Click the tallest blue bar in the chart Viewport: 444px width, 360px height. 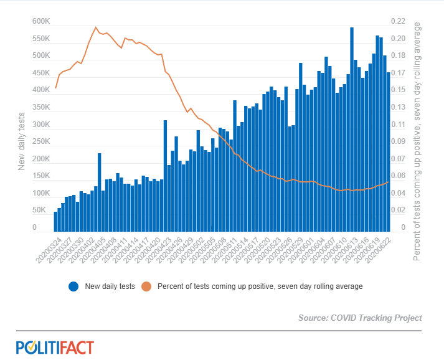(x=352, y=130)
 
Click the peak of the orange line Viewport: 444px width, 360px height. (x=96, y=27)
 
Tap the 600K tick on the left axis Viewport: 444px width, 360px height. (x=41, y=21)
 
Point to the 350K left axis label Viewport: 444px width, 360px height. (x=41, y=107)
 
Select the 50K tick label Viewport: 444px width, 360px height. (x=39, y=210)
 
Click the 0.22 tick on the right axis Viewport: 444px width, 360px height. (x=398, y=21)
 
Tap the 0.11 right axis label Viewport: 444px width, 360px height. (x=398, y=125)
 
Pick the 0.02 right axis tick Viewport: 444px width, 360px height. (x=398, y=210)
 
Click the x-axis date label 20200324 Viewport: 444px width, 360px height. (x=49, y=250)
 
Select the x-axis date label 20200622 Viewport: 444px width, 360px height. (x=379, y=250)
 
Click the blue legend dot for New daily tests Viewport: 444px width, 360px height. (x=73, y=287)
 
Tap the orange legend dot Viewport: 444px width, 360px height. (x=146, y=287)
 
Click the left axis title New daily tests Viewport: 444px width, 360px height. (x=21, y=141)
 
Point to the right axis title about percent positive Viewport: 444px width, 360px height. (x=417, y=141)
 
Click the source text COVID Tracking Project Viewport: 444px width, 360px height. (x=376, y=318)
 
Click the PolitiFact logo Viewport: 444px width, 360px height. (x=55, y=348)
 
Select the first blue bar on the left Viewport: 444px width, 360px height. (x=55, y=222)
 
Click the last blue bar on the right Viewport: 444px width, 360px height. (x=388, y=152)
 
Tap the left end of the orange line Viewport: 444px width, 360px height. (x=55, y=88)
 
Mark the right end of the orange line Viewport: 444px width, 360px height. (x=388, y=182)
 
